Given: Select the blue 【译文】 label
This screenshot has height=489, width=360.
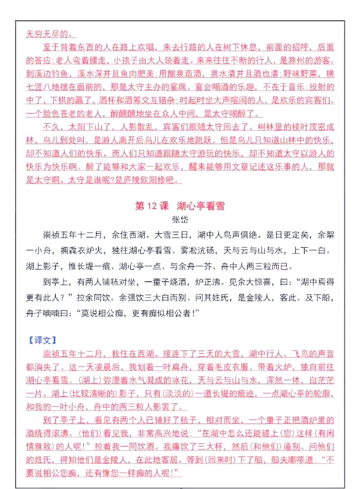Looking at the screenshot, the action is pyautogui.click(x=41, y=339).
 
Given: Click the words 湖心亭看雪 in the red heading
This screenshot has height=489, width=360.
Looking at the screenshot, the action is pyautogui.click(x=202, y=206).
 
